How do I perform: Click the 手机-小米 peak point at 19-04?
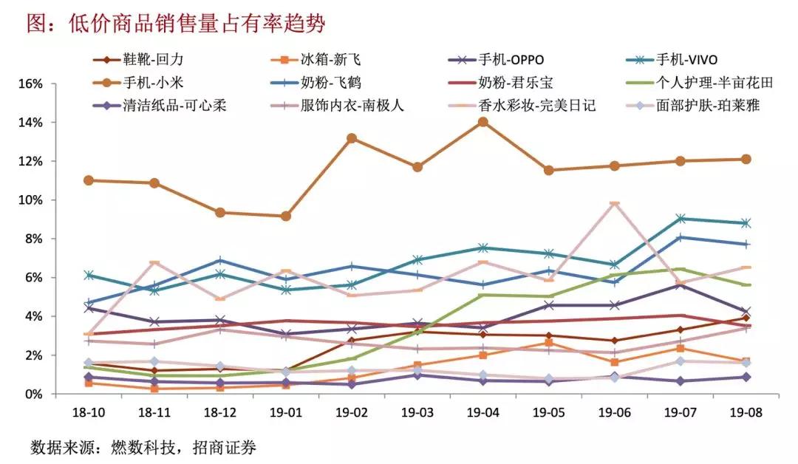point(482,122)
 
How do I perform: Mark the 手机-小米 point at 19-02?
point(352,138)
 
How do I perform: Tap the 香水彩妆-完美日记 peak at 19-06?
point(614,203)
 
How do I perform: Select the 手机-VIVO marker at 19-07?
point(680,219)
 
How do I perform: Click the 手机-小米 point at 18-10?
point(89,180)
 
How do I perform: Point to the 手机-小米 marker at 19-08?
point(746,159)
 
